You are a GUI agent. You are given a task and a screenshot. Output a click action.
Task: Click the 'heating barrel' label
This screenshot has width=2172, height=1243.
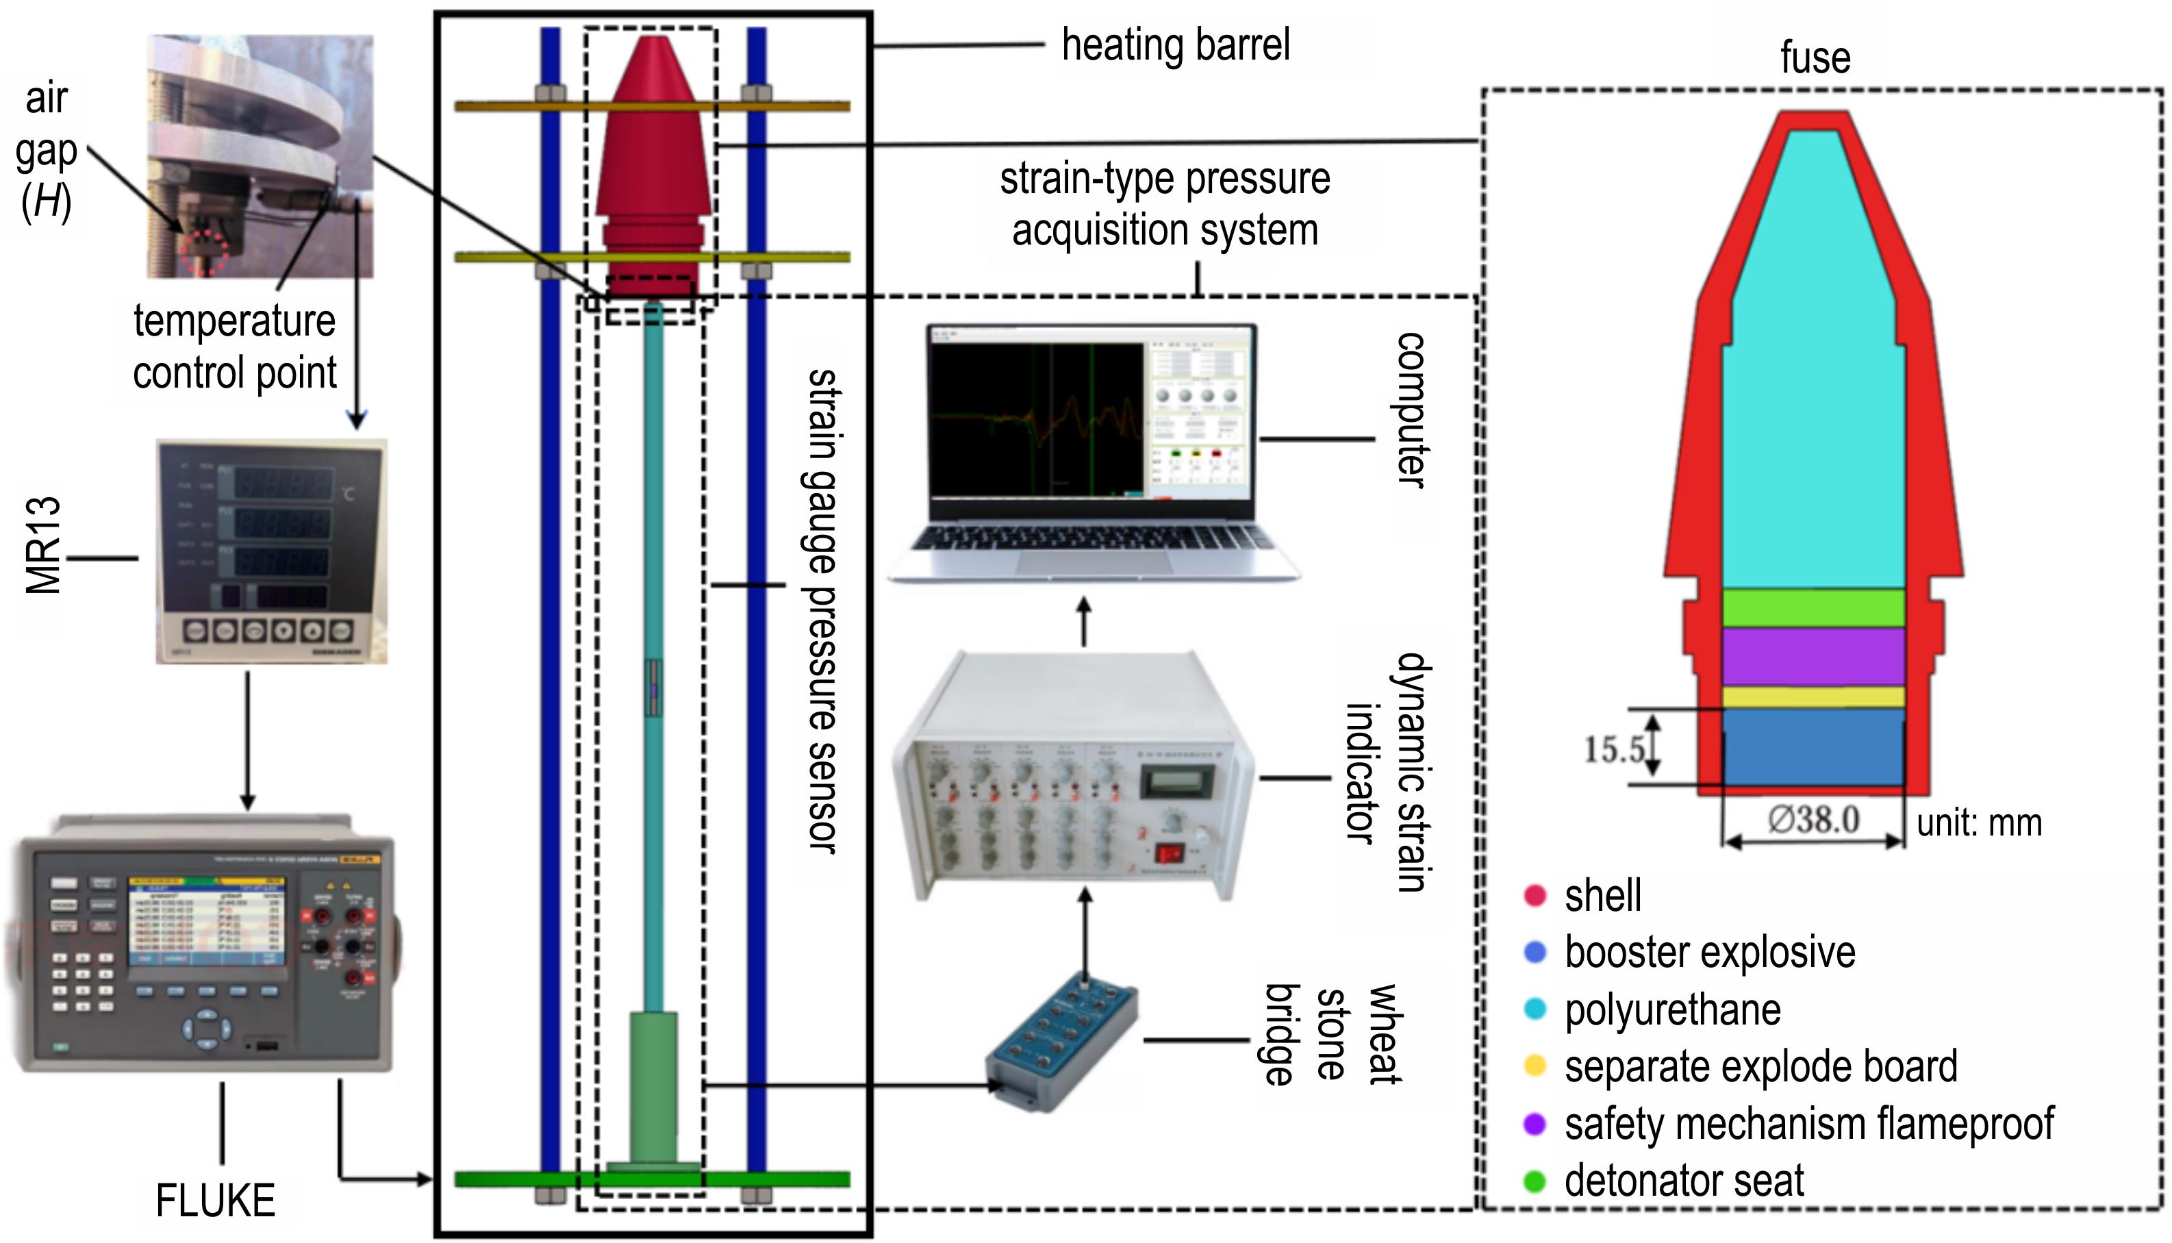click(1175, 45)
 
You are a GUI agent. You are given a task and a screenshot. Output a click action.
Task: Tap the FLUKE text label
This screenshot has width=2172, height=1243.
click(215, 1201)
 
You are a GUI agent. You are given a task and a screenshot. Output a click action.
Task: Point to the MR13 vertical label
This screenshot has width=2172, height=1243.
click(42, 547)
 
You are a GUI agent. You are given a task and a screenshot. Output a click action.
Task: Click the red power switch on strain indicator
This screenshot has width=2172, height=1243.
click(1168, 853)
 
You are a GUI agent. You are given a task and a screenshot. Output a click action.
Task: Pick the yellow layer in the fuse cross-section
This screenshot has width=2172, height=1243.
click(1814, 697)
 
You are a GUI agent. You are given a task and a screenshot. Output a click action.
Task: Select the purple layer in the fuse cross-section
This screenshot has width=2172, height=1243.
click(1814, 657)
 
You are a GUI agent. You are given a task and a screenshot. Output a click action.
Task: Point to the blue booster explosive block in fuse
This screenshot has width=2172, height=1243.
click(1814, 748)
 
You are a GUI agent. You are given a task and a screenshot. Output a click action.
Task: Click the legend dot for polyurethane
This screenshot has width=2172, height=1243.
click(1535, 1009)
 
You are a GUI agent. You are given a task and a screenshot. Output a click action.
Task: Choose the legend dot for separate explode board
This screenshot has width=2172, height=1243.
click(1535, 1066)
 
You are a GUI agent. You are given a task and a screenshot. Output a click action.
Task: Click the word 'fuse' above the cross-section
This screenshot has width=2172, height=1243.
click(1815, 58)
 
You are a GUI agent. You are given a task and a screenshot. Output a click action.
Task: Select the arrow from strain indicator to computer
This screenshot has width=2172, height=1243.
click(1084, 623)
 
